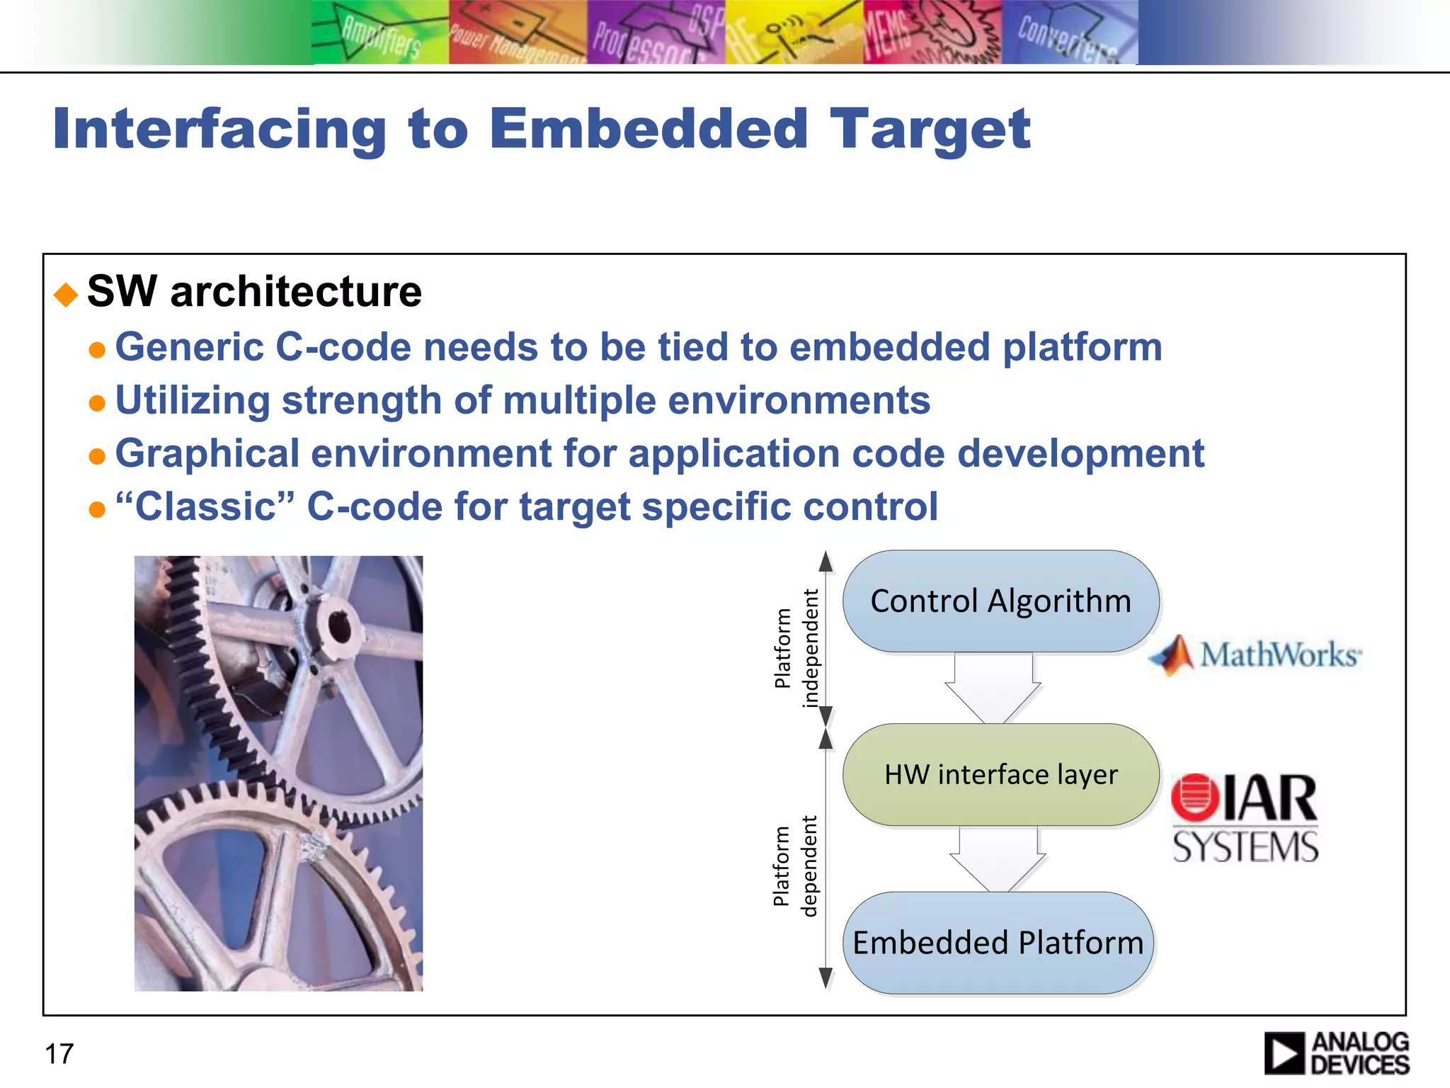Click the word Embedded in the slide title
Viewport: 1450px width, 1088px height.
[x=648, y=129]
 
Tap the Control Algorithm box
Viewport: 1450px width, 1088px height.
[x=1000, y=601]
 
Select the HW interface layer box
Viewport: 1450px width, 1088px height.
[x=1000, y=774]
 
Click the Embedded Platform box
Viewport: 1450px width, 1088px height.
[x=998, y=943]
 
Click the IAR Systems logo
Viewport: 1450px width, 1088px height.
[x=1245, y=818]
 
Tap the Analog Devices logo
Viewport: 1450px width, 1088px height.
[x=1337, y=1053]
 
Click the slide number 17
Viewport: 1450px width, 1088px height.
[x=59, y=1053]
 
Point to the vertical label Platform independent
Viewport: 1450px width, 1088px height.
[x=797, y=648]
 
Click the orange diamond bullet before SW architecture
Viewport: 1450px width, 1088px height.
[x=66, y=294]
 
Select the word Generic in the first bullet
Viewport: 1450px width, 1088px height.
[x=189, y=347]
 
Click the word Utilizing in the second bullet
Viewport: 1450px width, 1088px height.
[x=192, y=400]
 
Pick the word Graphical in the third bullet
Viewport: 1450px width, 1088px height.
[x=207, y=453]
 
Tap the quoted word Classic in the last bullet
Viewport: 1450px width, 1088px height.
[x=205, y=506]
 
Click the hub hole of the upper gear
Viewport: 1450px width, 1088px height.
[x=338, y=626]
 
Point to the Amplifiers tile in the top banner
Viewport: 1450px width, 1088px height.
[x=380, y=33]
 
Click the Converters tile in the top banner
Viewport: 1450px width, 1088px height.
[x=1069, y=33]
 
